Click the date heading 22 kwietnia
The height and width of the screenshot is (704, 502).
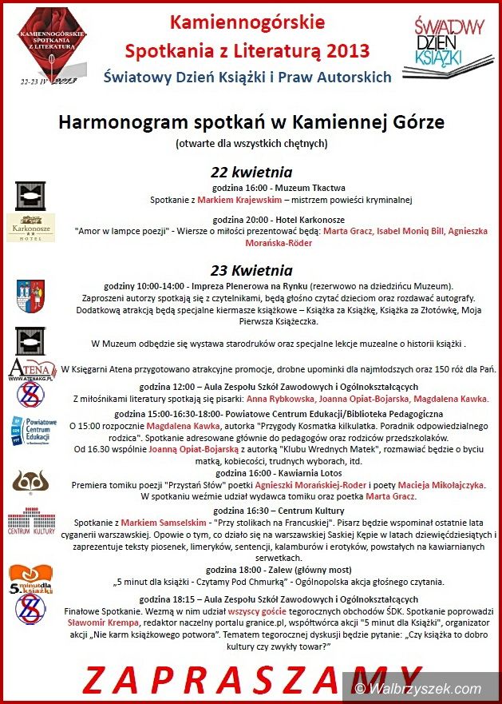[x=251, y=172]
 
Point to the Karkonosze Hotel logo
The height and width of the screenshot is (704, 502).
[x=30, y=227]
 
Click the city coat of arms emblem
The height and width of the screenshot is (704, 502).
[x=30, y=296]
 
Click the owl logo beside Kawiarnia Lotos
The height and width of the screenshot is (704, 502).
[x=30, y=483]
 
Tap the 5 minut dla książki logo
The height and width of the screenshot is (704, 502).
[x=30, y=578]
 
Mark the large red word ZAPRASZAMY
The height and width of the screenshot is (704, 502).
[x=251, y=678]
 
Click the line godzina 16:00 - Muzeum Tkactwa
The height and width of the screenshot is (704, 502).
[x=251, y=188]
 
